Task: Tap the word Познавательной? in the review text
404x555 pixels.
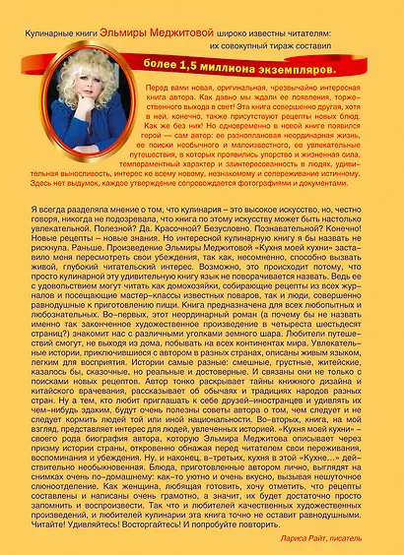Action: pyautogui.click(x=295, y=255)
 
